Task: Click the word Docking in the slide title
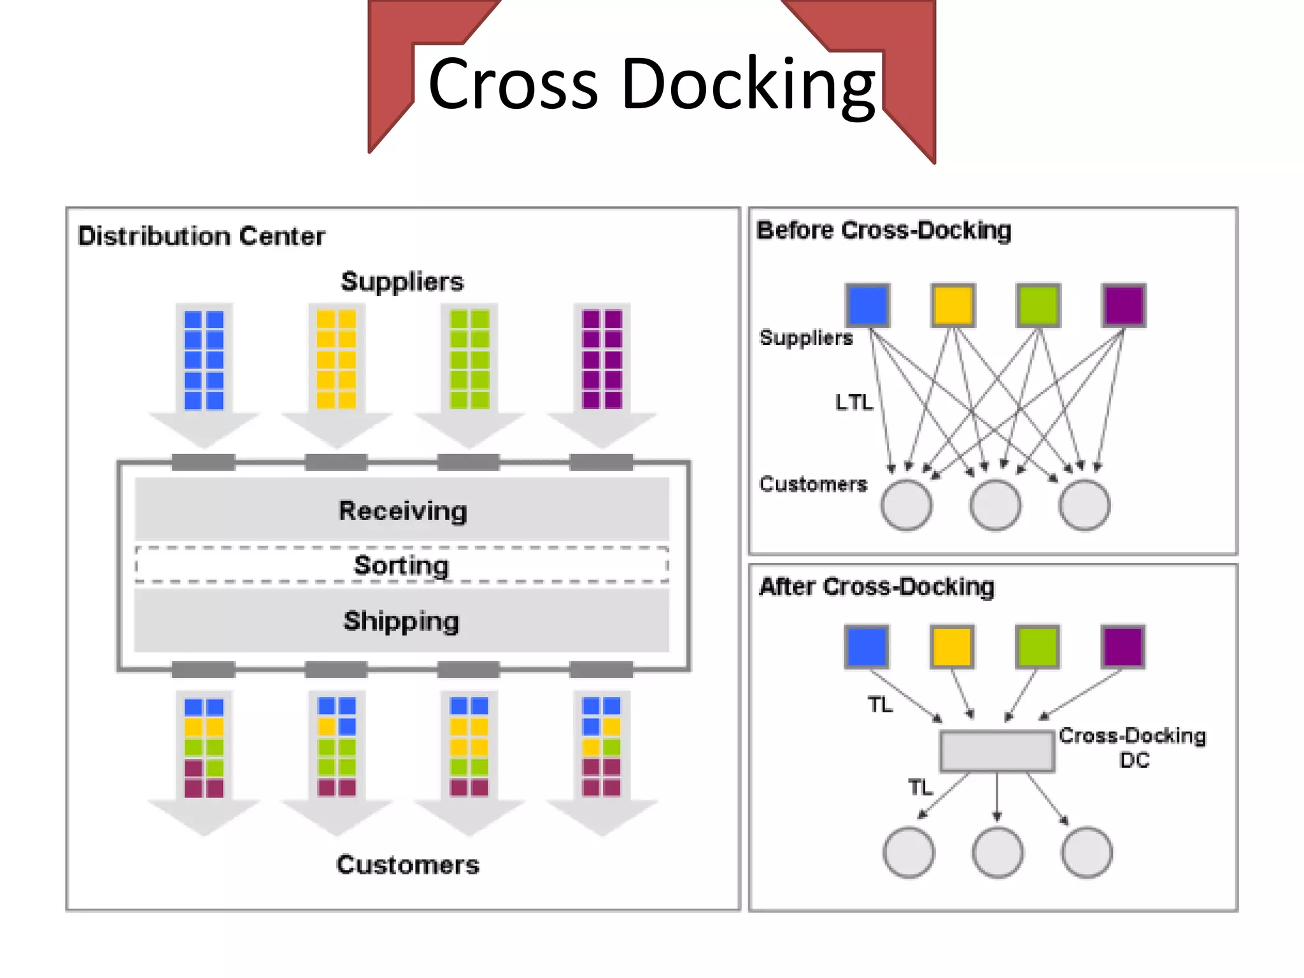748,85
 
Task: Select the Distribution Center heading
201,236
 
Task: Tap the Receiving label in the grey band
402,511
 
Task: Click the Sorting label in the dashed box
401,565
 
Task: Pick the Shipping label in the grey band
401,621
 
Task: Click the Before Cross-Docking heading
883,230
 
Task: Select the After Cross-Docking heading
876,586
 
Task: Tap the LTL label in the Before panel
854,402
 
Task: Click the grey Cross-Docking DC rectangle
996,751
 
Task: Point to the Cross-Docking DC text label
1133,747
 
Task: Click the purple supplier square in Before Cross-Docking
1124,306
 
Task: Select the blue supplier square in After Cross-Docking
867,646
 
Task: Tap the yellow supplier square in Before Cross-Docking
953,306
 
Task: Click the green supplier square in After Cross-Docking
1037,646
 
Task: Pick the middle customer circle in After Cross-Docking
997,853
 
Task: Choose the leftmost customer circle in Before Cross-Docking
906,505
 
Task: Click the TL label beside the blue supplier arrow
880,705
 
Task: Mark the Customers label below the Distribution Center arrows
407,865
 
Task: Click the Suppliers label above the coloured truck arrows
402,281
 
